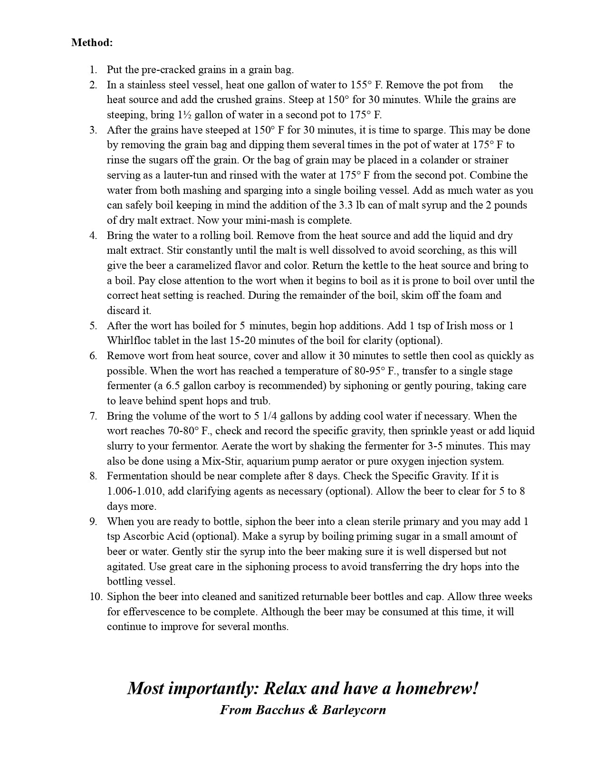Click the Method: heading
coord(92,42)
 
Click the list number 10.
coord(96,597)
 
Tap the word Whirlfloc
coord(128,341)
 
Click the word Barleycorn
coord(354,710)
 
